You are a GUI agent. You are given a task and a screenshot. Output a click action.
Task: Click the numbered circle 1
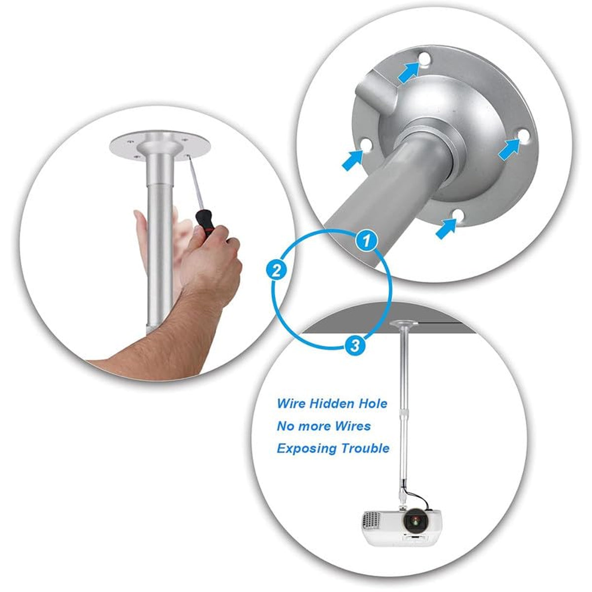366,241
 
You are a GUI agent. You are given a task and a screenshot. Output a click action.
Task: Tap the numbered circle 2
276,271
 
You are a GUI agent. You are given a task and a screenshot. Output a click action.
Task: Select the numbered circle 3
355,346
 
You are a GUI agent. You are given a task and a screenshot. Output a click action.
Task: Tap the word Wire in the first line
292,404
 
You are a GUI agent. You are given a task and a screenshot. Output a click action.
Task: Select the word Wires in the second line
353,426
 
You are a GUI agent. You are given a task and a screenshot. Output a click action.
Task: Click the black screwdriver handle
204,221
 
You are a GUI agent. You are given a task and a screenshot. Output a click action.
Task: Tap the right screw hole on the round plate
523,135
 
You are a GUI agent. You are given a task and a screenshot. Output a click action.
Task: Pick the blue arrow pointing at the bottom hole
446,228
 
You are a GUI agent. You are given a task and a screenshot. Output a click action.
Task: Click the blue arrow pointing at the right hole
508,149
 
